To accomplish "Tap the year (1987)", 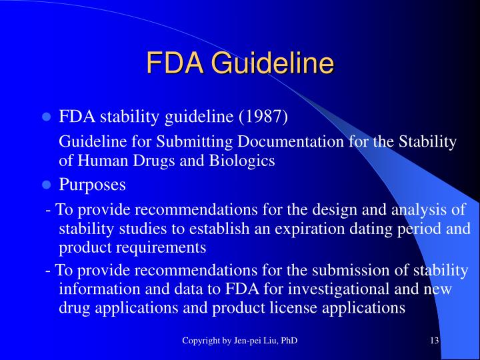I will click(263, 117).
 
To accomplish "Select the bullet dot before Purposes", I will click(46, 185).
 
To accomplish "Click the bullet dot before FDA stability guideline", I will click(46, 118).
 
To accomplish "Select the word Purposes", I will click(93, 184).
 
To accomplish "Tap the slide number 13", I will click(434, 341).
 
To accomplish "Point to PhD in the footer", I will click(289, 341).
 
